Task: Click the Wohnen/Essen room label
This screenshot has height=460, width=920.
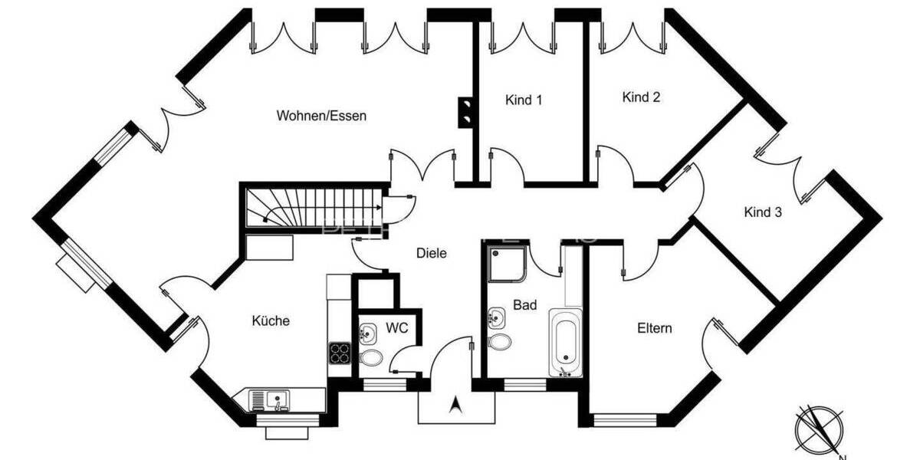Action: pos(321,117)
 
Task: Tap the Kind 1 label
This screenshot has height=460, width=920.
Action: pos(524,100)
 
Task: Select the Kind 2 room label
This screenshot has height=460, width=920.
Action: pos(641,97)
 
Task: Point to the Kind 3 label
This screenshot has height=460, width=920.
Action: pos(763,212)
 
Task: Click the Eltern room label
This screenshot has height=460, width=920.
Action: pos(655,328)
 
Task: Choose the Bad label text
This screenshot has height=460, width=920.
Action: pos(524,305)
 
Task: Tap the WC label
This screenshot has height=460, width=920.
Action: pos(396,328)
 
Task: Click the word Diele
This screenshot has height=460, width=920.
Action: pos(431,252)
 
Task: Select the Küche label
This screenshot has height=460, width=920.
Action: pos(271,320)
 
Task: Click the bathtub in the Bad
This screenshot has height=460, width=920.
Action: pos(565,342)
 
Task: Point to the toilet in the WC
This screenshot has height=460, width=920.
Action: pos(372,356)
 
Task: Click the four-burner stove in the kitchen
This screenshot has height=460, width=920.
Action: pos(340,353)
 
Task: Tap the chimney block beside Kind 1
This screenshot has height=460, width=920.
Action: pos(465,112)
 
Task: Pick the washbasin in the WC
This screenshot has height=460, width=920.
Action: pos(367,333)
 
